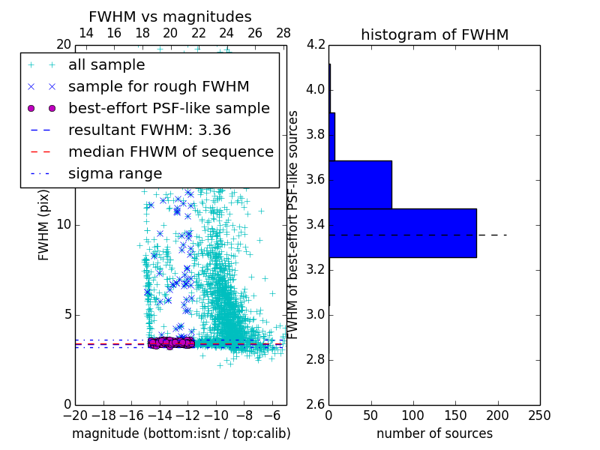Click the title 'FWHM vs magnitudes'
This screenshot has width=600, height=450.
(x=170, y=17)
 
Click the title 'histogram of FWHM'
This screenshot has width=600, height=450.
(x=434, y=35)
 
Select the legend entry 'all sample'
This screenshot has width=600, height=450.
(x=106, y=65)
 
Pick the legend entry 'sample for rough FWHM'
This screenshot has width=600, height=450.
(x=158, y=86)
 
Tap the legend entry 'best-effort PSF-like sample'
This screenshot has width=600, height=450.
(x=169, y=108)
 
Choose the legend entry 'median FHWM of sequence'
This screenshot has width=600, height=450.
(x=170, y=151)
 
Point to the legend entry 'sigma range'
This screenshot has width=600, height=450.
(x=115, y=173)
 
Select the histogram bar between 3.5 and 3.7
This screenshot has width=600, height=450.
(x=360, y=184)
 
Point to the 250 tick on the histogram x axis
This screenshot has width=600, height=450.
(x=539, y=415)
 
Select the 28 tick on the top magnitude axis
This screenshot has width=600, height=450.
(x=283, y=33)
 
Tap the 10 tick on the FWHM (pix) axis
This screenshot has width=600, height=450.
(x=64, y=225)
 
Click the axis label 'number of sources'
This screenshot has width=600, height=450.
(x=434, y=433)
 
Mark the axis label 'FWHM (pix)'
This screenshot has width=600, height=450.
(x=44, y=225)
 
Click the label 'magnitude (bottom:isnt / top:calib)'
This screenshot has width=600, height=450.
(x=181, y=433)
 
